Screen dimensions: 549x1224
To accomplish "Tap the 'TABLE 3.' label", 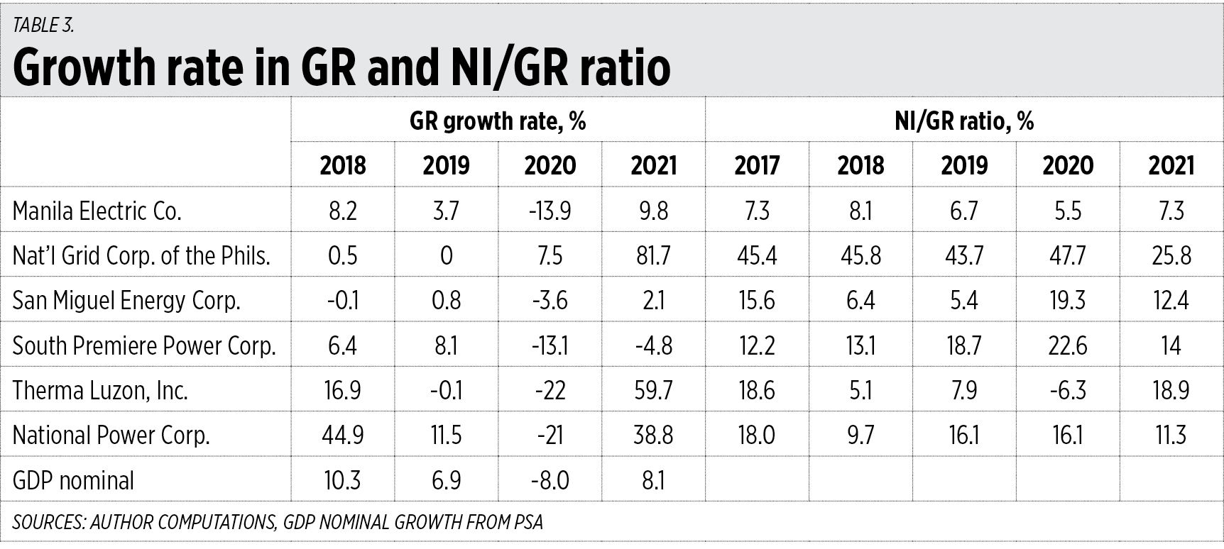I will [43, 26].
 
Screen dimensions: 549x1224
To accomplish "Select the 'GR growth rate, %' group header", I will [498, 121].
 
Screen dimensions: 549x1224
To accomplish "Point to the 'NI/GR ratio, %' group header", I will [964, 121].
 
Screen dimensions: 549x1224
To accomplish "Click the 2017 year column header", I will [757, 166].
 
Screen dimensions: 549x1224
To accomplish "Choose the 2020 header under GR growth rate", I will [550, 166].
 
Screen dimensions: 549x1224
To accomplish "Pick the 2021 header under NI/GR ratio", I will [1171, 166].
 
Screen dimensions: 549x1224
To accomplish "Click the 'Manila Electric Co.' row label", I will [97, 211].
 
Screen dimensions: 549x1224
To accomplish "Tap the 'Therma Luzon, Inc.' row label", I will [100, 390].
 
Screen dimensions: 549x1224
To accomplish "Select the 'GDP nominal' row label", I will [73, 480].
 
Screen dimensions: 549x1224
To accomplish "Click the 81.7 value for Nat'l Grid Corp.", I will [653, 255].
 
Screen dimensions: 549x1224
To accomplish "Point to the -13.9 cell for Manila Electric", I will [550, 211].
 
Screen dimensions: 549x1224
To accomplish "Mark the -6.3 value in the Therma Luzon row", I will [1067, 390].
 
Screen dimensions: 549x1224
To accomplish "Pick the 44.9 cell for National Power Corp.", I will [342, 435].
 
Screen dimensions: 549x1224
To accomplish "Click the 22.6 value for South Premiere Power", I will [1067, 345].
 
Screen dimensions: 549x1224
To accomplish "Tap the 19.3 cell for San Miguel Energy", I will [1067, 301].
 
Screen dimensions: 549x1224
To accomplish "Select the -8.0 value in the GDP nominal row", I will [550, 480].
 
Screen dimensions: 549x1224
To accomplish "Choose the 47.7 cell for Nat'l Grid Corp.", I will [1067, 255].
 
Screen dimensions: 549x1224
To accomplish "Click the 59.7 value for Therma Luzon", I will [653, 390].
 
